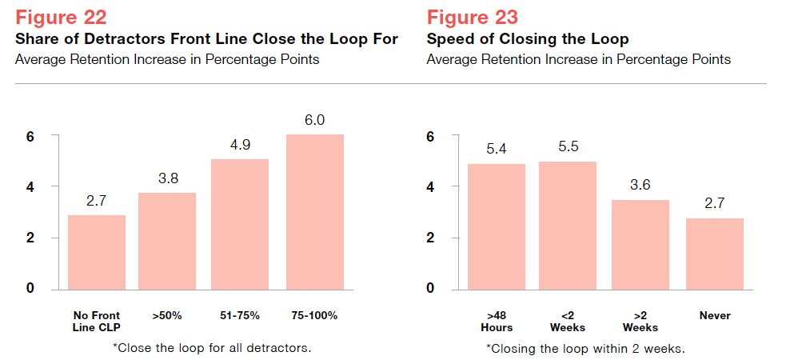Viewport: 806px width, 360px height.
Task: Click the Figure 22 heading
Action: (x=62, y=17)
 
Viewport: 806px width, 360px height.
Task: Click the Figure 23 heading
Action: (x=472, y=17)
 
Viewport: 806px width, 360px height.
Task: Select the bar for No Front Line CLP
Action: (x=97, y=251)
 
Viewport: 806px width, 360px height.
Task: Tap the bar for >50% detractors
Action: (x=167, y=240)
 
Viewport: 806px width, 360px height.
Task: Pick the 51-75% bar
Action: (x=240, y=223)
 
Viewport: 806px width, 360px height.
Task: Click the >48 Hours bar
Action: (x=497, y=226)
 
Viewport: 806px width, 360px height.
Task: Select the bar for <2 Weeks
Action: (x=568, y=225)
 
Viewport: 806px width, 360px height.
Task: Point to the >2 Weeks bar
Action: (x=640, y=244)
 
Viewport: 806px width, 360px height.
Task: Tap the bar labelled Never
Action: (x=715, y=253)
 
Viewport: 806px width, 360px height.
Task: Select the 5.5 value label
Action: (x=568, y=147)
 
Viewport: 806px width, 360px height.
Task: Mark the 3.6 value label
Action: (x=640, y=185)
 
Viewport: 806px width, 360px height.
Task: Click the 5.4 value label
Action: (x=497, y=149)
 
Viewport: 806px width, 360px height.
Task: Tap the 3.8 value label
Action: (x=167, y=178)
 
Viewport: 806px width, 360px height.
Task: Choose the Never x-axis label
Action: (x=715, y=316)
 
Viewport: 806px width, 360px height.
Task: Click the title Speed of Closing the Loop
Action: (x=528, y=39)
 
